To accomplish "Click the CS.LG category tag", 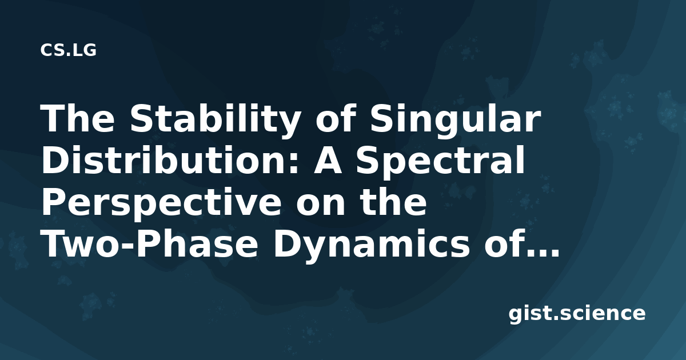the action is pyautogui.click(x=68, y=50).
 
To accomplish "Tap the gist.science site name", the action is pyautogui.click(x=577, y=314).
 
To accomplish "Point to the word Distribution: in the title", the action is pyautogui.click(x=169, y=160).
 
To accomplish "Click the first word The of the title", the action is pyautogui.click(x=78, y=118).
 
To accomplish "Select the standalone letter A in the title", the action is pyautogui.click(x=327, y=161).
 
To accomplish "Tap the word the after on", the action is pyautogui.click(x=392, y=201).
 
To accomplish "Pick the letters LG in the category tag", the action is pyautogui.click(x=84, y=50).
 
